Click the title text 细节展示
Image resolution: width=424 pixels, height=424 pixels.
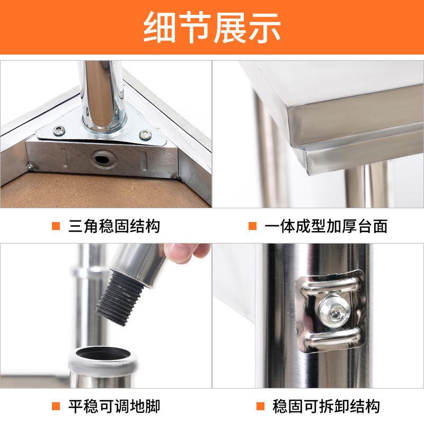(x=212, y=28)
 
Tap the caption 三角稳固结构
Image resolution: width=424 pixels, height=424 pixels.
(x=114, y=226)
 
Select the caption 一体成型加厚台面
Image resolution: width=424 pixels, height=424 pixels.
(x=325, y=226)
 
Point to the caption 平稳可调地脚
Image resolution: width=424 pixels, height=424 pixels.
(x=114, y=407)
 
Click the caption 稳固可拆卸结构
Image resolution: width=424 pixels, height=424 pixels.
(x=325, y=407)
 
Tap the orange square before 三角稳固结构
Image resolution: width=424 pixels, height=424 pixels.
(x=56, y=226)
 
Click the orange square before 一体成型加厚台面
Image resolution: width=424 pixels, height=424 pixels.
(x=253, y=226)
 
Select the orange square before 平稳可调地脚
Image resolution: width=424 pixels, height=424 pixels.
(x=56, y=407)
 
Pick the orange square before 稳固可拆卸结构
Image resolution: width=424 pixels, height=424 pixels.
(x=260, y=407)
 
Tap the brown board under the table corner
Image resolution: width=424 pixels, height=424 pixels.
(x=79, y=188)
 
